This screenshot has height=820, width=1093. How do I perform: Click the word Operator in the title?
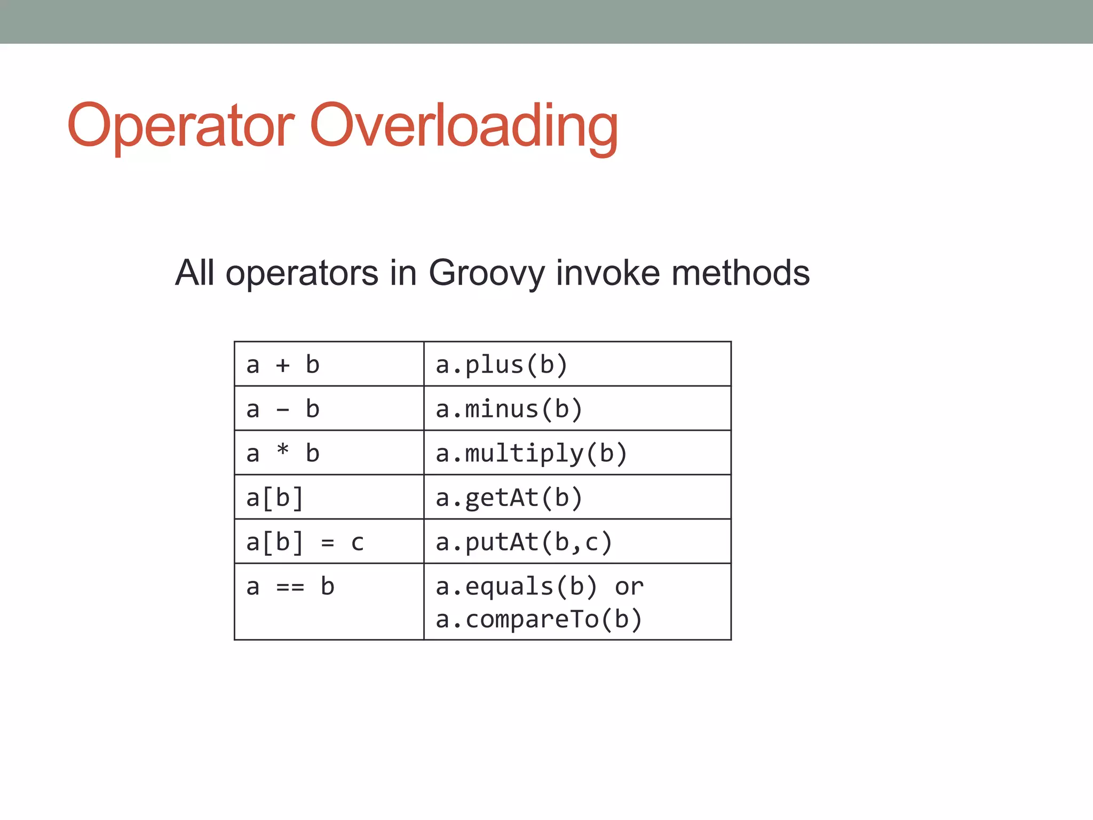click(x=180, y=127)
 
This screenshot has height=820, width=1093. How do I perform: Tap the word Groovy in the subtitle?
click(x=486, y=273)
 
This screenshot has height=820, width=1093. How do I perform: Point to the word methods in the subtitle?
click(x=740, y=273)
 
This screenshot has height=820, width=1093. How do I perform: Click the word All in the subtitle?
click(x=195, y=273)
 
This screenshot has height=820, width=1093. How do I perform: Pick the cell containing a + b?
click(x=329, y=364)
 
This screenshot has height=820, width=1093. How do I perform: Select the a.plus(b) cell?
click(x=577, y=364)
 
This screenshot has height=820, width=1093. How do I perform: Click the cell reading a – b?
click(x=329, y=408)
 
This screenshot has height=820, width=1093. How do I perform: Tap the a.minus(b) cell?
click(x=577, y=408)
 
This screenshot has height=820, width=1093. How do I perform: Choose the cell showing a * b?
click(x=329, y=453)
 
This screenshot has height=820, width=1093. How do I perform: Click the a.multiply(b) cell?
click(x=577, y=453)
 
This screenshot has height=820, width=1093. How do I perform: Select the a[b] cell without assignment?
click(x=329, y=497)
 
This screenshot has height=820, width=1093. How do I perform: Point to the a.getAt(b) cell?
click(x=577, y=497)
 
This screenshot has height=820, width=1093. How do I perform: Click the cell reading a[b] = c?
click(x=329, y=541)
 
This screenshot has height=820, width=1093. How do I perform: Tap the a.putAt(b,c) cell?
click(x=577, y=541)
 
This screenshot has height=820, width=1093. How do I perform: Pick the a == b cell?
click(x=329, y=602)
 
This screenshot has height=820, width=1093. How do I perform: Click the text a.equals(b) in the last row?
click(x=516, y=586)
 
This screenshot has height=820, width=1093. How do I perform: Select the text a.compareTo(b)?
click(x=538, y=619)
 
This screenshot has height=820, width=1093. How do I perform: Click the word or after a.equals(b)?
click(x=629, y=587)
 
